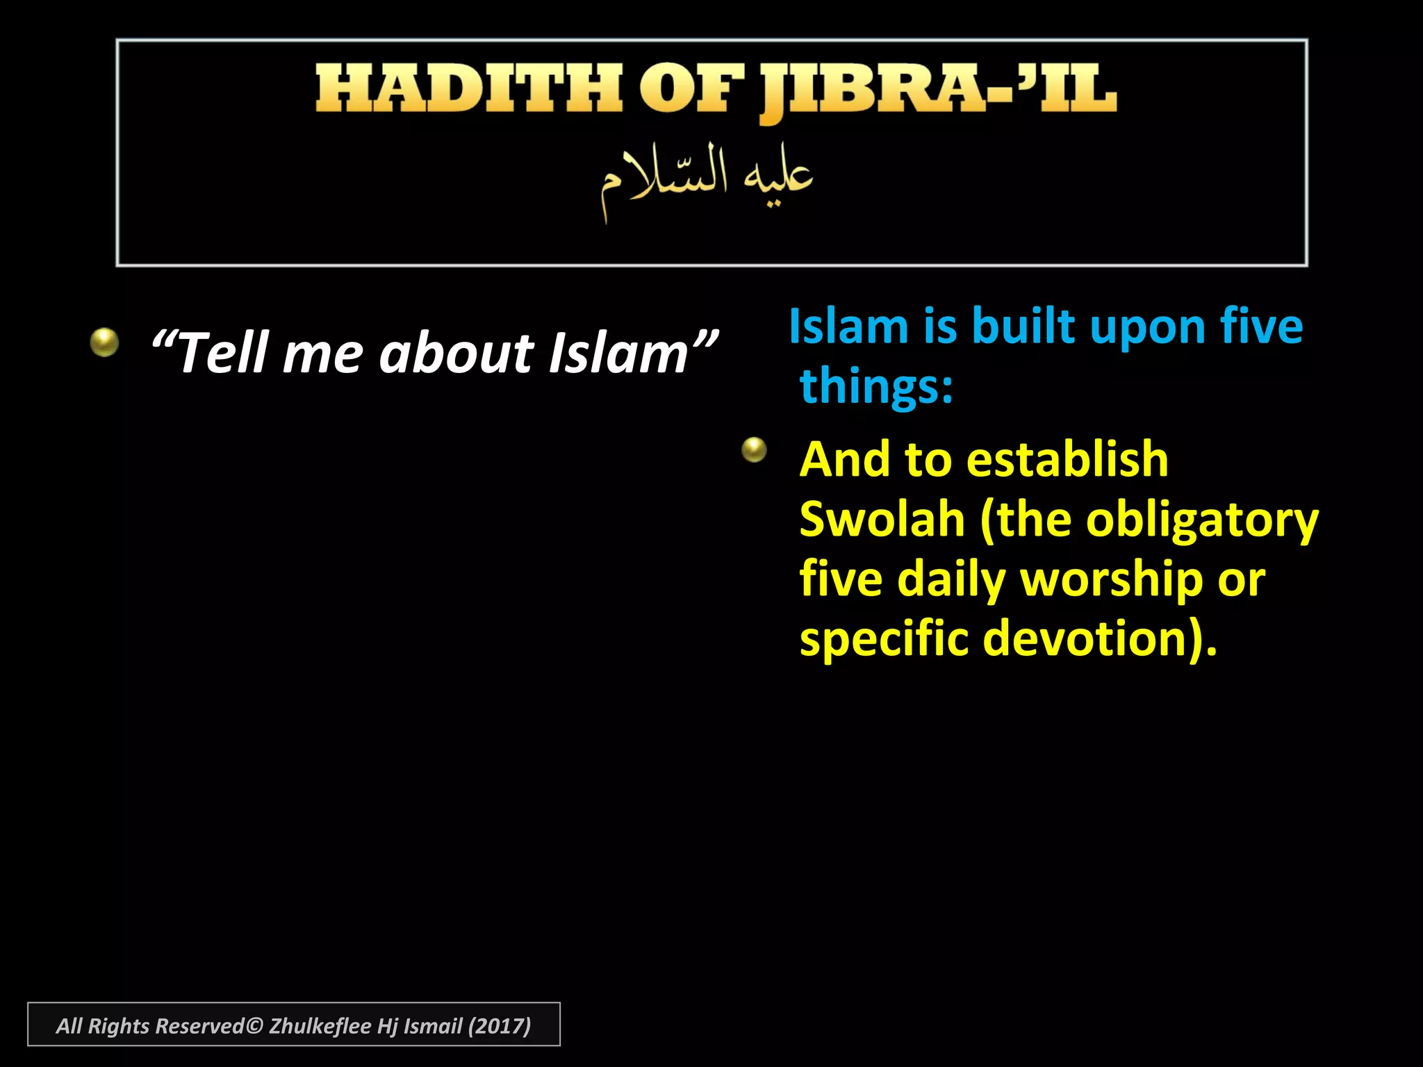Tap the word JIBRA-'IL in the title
[x=938, y=90]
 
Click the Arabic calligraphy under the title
[x=707, y=179]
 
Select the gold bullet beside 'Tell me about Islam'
[x=104, y=342]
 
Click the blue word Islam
[x=848, y=326]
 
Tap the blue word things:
[x=876, y=386]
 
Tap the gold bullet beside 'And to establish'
[x=754, y=450]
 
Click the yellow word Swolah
[x=882, y=519]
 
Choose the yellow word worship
[x=1111, y=579]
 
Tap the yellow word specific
[x=883, y=639]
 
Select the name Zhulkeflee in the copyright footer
[x=320, y=1026]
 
